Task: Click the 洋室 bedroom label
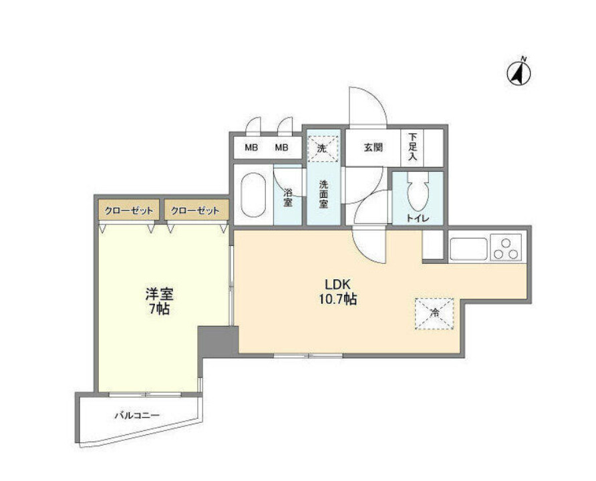159,295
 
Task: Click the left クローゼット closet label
129,211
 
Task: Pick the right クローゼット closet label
195,211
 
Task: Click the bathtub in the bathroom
253,194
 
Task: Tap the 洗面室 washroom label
323,194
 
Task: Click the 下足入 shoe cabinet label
413,147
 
